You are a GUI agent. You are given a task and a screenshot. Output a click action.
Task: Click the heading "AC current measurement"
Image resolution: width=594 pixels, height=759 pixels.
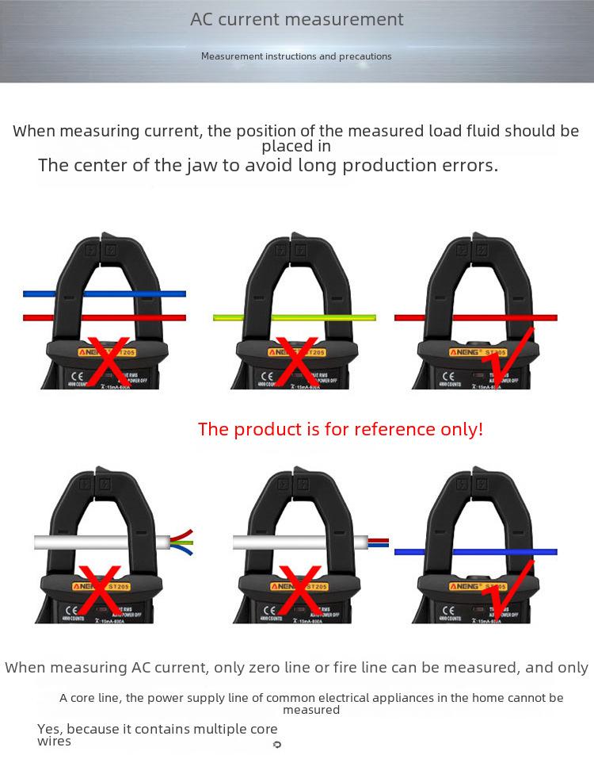(x=296, y=20)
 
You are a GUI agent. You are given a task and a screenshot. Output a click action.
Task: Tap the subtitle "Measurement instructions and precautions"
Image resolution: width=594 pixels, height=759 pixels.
(x=296, y=56)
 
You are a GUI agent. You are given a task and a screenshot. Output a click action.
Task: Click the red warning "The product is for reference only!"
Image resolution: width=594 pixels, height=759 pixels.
(x=340, y=429)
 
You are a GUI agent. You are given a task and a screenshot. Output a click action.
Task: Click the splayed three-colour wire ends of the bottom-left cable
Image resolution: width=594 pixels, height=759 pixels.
(x=182, y=542)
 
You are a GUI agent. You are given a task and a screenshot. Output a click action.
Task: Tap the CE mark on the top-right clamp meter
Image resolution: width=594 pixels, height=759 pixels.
(x=448, y=377)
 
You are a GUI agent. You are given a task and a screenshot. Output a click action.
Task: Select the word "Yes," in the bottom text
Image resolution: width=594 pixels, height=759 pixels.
(x=51, y=729)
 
